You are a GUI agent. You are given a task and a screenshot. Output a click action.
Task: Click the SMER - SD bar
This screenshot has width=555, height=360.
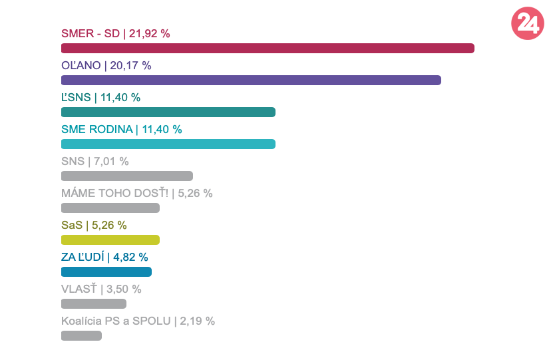268,48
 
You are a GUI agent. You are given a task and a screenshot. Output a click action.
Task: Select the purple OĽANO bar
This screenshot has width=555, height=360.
251,80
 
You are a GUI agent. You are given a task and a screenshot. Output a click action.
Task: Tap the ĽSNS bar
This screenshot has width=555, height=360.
168,112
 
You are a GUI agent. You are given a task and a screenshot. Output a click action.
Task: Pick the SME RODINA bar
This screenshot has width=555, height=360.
168,144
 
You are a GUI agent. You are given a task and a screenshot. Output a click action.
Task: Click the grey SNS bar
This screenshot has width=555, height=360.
126,176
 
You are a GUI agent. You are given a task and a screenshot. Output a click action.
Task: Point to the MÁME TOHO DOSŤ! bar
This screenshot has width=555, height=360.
110,208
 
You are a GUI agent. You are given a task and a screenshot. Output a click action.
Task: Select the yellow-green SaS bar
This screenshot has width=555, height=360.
110,240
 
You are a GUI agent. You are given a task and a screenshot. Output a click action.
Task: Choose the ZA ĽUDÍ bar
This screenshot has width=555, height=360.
106,271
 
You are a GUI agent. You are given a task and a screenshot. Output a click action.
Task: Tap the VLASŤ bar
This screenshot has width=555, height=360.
94,303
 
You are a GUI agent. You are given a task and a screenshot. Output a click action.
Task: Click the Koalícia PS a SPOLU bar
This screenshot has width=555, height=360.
81,335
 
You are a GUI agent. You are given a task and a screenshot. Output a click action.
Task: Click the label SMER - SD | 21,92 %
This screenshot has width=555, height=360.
116,33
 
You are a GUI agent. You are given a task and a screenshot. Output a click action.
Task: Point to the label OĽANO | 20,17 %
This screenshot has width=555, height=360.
106,65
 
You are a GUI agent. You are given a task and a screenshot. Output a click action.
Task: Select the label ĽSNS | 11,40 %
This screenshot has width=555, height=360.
100,97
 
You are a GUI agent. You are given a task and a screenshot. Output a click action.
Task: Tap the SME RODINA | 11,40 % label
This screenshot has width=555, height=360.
121,129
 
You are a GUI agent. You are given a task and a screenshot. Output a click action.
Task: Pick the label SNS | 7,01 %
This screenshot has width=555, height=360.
94,161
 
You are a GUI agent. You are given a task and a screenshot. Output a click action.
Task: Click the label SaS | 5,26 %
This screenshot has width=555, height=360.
94,225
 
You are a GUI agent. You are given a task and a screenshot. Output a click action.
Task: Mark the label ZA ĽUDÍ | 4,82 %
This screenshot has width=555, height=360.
104,257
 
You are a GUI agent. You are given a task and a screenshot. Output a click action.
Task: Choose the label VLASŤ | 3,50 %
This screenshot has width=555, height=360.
101,289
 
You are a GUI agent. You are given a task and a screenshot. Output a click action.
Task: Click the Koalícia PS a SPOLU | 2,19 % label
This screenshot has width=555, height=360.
138,321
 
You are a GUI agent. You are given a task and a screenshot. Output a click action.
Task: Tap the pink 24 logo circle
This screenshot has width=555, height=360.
527,24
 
